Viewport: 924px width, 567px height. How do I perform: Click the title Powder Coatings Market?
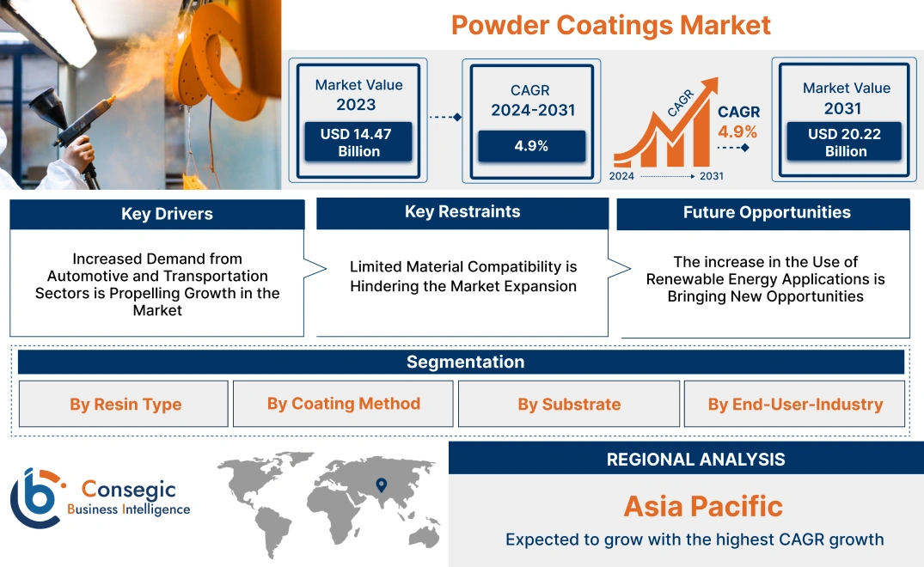tap(610, 25)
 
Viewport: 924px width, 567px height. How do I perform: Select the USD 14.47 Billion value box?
tap(359, 142)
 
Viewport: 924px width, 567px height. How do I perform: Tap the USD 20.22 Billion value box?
tap(846, 142)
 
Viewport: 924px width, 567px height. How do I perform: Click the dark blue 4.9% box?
tap(531, 146)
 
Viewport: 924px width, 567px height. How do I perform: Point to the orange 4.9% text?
tap(737, 131)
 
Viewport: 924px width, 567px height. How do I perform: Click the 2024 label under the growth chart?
tap(622, 176)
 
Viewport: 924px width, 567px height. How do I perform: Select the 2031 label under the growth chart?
tap(711, 176)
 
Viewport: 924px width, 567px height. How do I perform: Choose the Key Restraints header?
tap(462, 212)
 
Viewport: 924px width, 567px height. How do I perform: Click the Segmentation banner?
tap(465, 362)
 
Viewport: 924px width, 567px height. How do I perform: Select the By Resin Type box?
tap(125, 405)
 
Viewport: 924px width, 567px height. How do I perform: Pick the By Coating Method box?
tap(343, 404)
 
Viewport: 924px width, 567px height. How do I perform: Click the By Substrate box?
tap(569, 405)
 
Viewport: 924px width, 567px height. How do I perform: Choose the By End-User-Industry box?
tap(795, 405)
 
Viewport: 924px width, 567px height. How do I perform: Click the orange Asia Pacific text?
tap(703, 506)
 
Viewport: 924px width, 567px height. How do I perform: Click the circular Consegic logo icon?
tap(35, 498)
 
